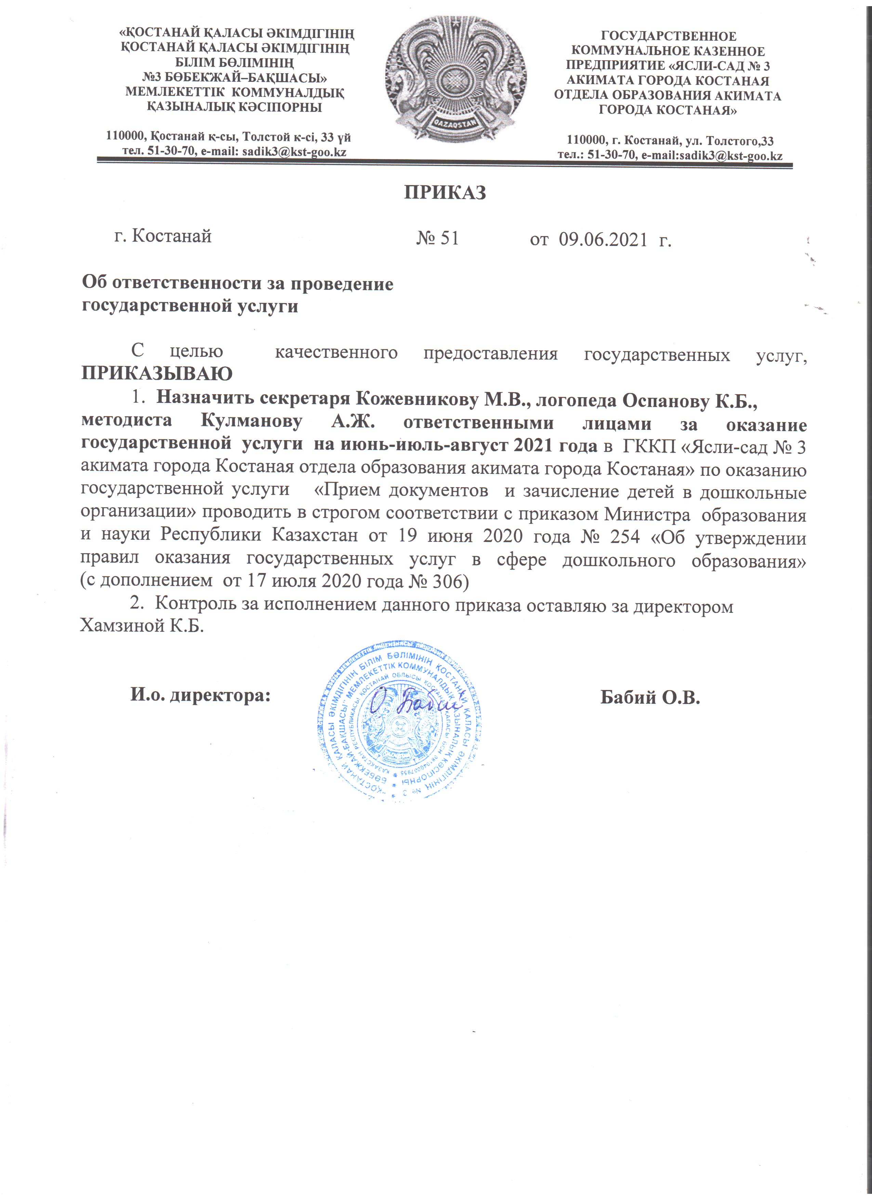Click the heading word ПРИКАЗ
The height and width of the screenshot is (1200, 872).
(445, 193)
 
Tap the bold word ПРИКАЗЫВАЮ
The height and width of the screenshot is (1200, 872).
(157, 374)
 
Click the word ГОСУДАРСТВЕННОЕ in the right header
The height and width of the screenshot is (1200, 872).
(669, 37)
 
